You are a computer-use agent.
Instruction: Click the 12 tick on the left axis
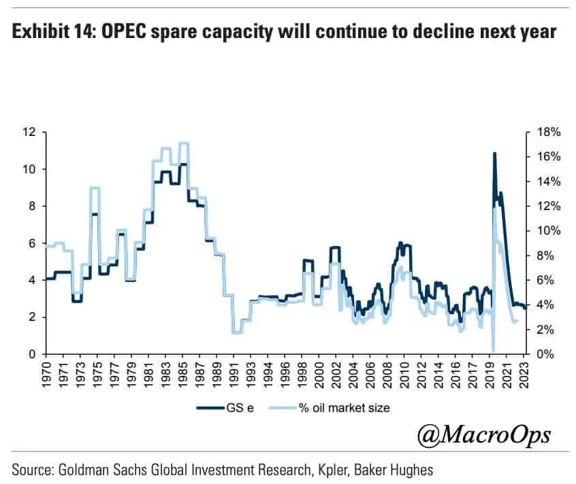click(x=31, y=132)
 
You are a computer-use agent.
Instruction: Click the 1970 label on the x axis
click(x=46, y=373)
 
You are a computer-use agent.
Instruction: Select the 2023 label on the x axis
click(x=524, y=373)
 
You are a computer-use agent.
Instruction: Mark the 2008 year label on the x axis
click(x=387, y=373)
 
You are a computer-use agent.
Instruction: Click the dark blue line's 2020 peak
click(x=494, y=154)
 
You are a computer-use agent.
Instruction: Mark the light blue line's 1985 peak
click(x=183, y=143)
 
